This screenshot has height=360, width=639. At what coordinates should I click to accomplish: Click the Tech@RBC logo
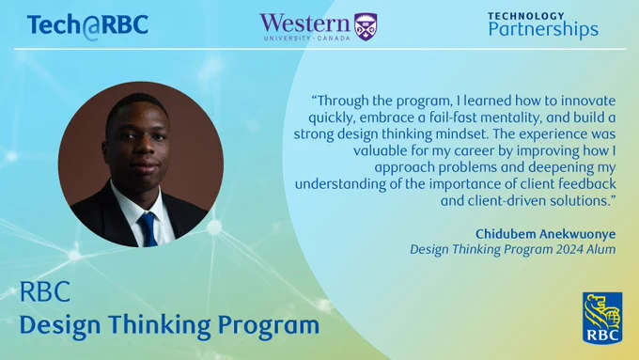(x=87, y=26)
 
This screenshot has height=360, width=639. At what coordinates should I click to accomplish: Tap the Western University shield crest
(x=366, y=27)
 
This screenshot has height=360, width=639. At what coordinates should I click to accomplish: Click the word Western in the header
(x=304, y=23)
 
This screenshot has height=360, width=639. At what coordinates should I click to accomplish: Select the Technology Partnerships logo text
(x=543, y=25)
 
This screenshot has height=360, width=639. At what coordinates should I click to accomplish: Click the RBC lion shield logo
(x=602, y=318)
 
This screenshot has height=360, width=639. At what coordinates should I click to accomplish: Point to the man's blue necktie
(x=148, y=229)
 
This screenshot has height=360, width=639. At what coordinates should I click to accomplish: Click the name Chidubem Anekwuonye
(x=545, y=234)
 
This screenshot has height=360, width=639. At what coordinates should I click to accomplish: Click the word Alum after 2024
(x=601, y=249)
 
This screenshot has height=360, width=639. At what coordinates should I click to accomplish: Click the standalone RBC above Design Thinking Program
(x=45, y=291)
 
